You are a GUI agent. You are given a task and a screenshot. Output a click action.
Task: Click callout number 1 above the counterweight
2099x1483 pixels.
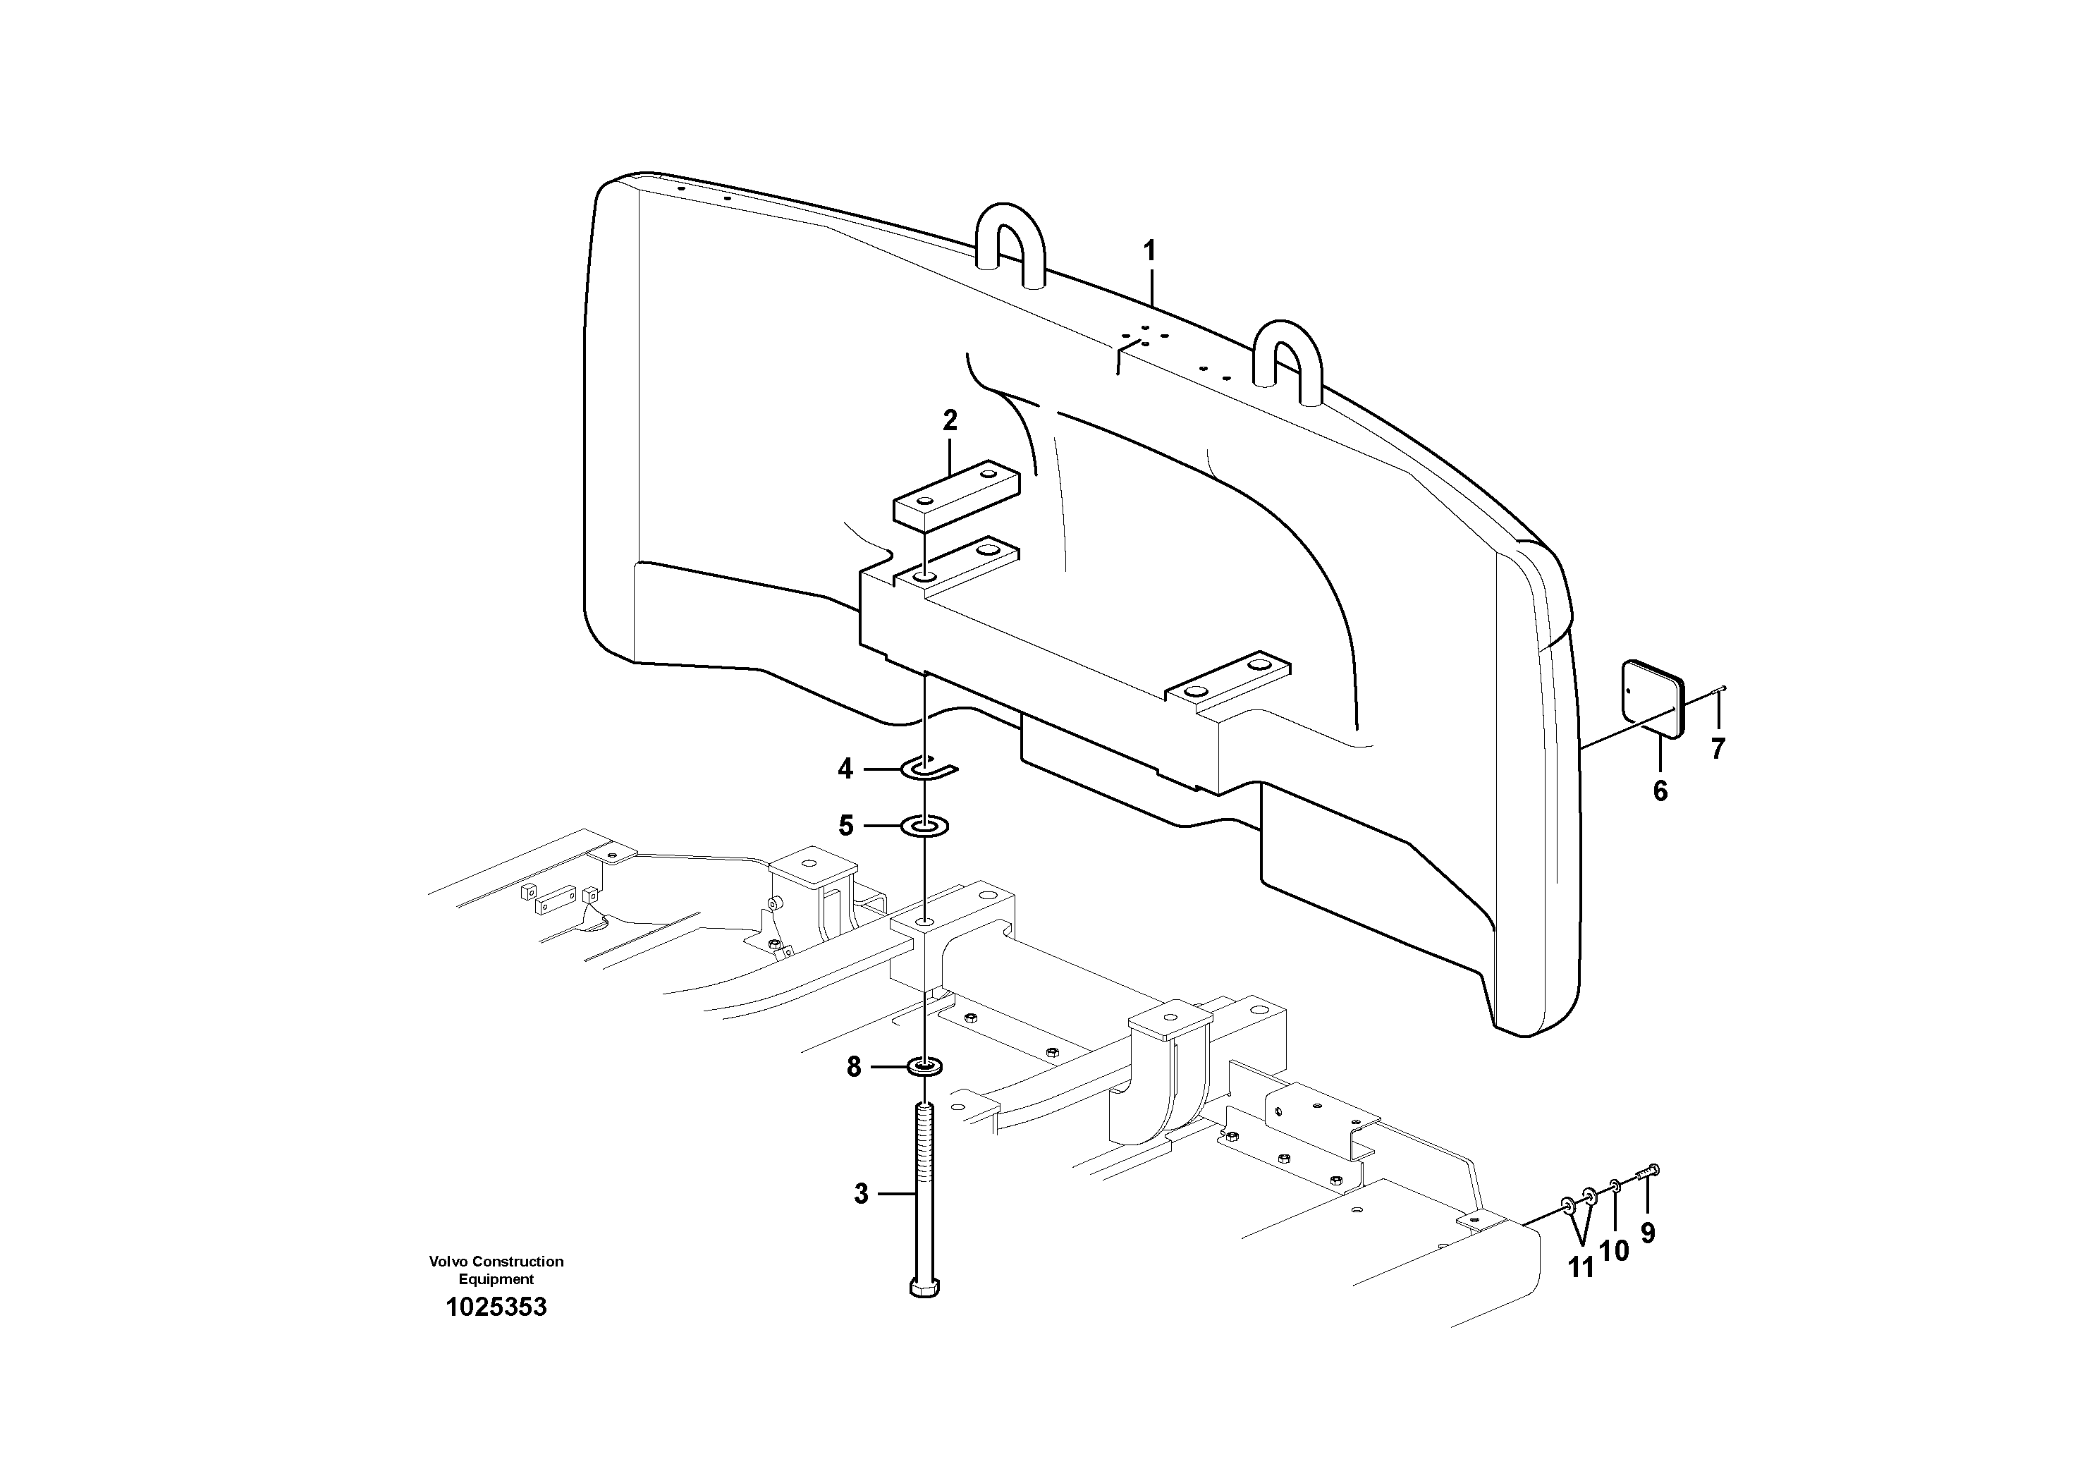tap(1150, 252)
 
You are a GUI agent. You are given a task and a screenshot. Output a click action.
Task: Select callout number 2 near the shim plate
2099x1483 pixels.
tap(950, 422)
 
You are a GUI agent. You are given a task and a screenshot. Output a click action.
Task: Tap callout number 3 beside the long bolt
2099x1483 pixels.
tap(860, 1194)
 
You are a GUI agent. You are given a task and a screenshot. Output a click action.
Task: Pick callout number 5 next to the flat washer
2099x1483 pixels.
tap(845, 826)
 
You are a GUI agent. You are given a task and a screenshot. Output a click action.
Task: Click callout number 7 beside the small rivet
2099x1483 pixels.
tap(1718, 750)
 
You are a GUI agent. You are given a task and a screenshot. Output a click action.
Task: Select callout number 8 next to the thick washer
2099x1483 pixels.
tap(853, 1067)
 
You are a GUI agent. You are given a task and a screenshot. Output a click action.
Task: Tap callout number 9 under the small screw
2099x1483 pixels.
tap(1647, 1234)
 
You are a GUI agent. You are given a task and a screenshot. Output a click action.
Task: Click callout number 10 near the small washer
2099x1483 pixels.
tap(1615, 1251)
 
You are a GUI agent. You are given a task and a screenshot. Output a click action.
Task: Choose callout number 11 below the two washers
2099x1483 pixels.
tap(1581, 1267)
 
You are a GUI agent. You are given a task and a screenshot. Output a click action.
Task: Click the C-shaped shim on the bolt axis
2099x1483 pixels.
tap(928, 769)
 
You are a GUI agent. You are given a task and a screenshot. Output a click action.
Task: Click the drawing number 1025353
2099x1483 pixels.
tap(496, 1307)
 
